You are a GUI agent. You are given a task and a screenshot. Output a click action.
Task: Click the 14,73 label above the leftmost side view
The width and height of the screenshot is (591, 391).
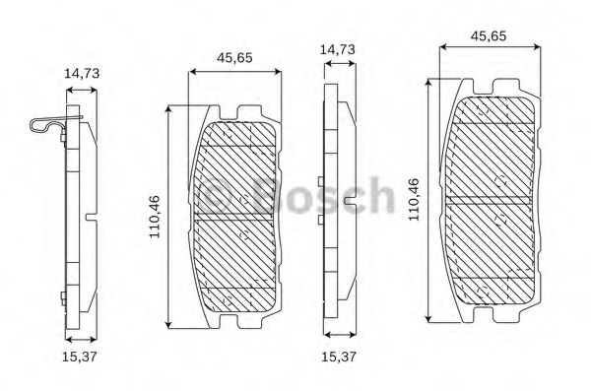tap(82, 73)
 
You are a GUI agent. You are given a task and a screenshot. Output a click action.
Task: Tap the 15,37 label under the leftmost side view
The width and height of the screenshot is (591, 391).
tap(80, 357)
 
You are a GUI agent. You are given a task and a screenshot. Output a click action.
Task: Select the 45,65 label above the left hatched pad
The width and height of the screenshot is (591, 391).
tap(234, 58)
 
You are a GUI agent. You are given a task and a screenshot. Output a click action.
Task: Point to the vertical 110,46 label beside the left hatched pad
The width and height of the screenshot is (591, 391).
tap(155, 217)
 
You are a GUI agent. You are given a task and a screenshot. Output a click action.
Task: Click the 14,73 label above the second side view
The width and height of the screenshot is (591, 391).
tap(337, 49)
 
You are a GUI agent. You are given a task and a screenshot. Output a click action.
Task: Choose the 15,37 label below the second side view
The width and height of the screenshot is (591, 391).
tap(339, 357)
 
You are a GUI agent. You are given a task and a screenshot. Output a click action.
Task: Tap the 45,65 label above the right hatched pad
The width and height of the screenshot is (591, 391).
tap(489, 35)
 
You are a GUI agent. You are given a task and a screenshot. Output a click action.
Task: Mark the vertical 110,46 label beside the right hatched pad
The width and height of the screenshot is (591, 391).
tap(414, 200)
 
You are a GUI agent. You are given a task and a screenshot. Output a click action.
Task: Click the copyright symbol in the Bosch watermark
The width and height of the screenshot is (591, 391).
tap(215, 196)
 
